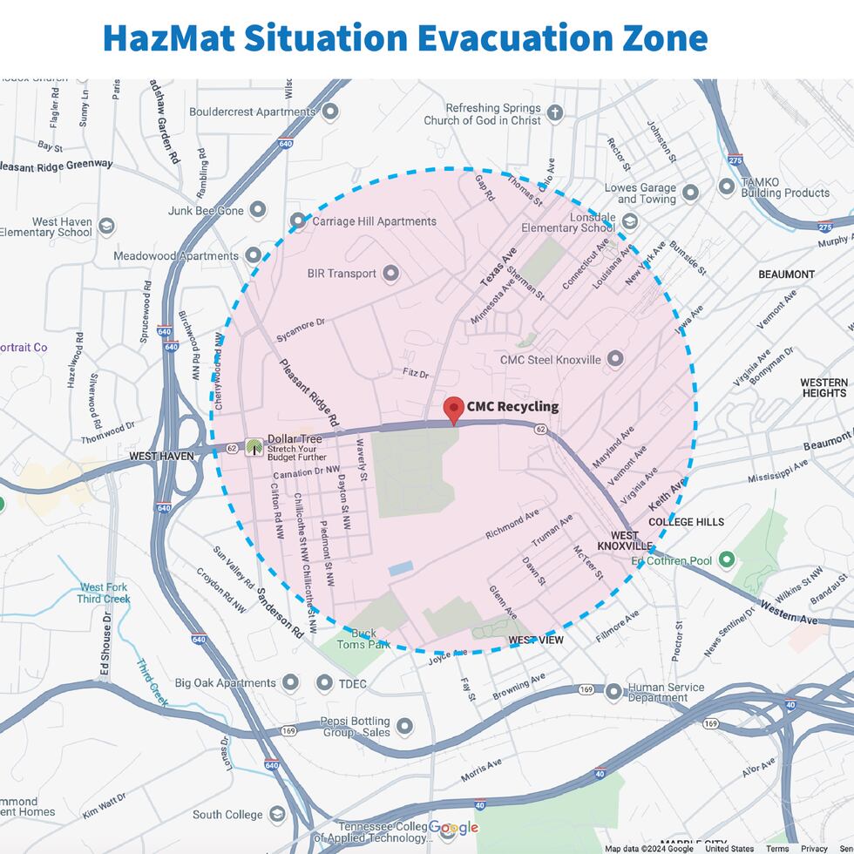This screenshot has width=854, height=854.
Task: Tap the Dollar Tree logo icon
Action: point(254,447)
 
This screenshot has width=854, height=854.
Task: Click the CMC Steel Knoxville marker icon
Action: point(615,358)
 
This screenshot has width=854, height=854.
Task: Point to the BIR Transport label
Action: point(342,274)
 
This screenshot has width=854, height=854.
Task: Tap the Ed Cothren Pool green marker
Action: point(726,559)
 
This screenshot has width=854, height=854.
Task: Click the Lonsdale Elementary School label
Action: point(568,222)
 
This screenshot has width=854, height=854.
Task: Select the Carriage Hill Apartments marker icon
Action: point(298,221)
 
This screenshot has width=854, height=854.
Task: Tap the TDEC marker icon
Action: point(324,683)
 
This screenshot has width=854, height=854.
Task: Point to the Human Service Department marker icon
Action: point(614,692)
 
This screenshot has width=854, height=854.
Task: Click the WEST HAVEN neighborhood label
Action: point(161,456)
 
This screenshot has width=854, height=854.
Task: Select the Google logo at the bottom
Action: point(453,828)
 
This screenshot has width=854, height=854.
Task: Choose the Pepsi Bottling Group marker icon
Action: point(404,726)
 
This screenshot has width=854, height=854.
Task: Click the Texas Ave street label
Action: point(498,268)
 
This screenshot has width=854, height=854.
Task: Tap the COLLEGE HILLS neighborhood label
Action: point(686,522)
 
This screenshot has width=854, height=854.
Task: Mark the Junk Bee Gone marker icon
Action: point(257,209)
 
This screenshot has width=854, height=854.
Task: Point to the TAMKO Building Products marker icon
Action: point(726,186)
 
